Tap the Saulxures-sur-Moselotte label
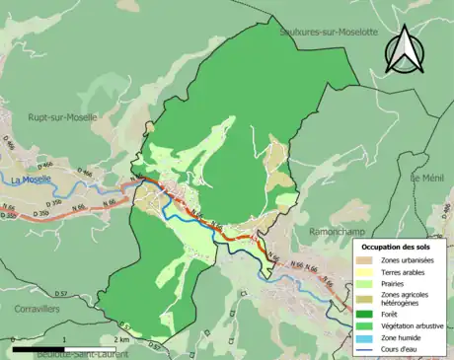[x=329, y=33]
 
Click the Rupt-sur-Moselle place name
[x=62, y=116]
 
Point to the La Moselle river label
[x=31, y=180]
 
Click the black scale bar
[x=69, y=349]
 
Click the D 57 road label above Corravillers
[x=60, y=294]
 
